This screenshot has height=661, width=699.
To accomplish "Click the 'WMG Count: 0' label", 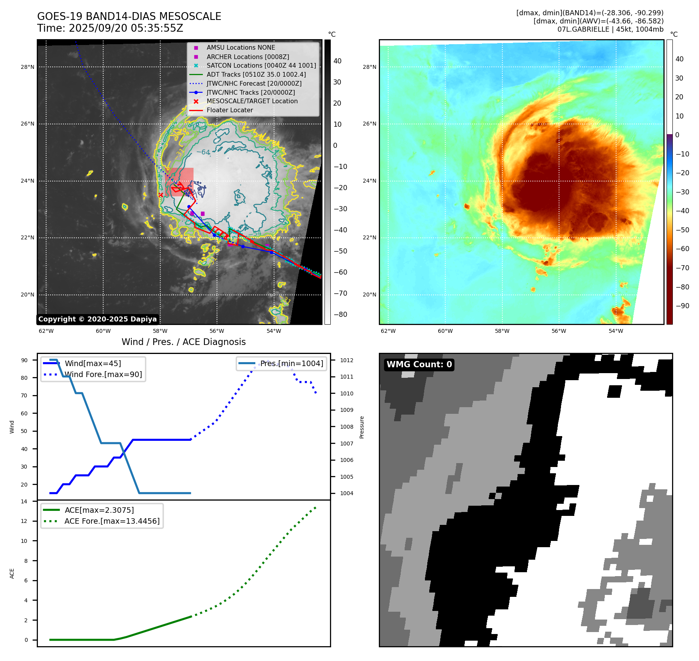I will coord(419,365).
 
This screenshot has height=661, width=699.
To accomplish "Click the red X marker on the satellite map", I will coord(161,195).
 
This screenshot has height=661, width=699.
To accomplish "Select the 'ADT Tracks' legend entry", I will coord(256,74).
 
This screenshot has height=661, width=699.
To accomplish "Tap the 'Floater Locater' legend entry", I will coord(229,110).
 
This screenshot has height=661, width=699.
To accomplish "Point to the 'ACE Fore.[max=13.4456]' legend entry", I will coord(112,521).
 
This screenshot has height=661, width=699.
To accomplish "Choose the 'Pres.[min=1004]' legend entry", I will coord(292,363).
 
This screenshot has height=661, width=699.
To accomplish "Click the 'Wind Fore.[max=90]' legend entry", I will coord(103,374).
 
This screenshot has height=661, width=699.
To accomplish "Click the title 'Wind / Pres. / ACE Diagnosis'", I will coord(184,342).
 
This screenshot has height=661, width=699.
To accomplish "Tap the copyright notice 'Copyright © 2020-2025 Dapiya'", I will coord(97,319).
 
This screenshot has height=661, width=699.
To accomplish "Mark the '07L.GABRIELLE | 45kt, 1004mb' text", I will coord(610,29).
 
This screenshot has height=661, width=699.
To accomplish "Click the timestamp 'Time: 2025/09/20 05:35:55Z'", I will coord(110,28).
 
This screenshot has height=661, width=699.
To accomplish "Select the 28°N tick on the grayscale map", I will coord(27,67).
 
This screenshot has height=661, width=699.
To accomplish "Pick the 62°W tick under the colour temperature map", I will coord(388,331).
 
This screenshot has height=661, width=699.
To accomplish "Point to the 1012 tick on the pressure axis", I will coord(346,360).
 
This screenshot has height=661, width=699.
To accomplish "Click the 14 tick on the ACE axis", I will coord(24,501).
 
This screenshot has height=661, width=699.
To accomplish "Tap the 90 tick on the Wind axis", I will coord(24,360).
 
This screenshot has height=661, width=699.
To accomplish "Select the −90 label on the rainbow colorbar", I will coord(683,306).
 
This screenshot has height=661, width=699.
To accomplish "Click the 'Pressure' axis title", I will coord(362,427).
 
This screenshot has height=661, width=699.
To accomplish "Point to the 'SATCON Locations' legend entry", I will coord(261,65).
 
